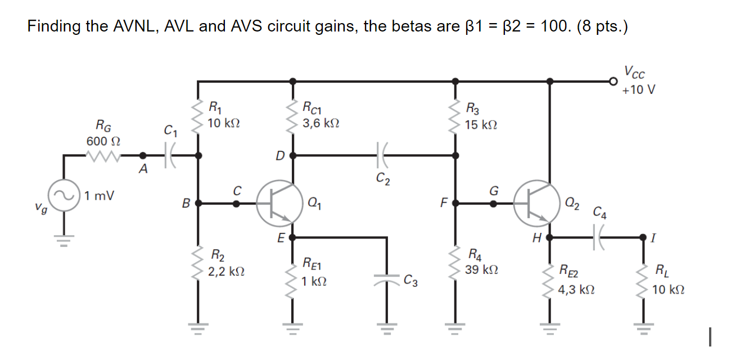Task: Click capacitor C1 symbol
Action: pos(171,155)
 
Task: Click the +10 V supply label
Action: pos(639,89)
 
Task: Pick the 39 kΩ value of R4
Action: pos(480,270)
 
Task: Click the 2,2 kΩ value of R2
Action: pos(226,272)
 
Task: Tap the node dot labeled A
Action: pos(143,155)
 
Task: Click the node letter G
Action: pos(494,191)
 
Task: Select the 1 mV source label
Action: pos(100,196)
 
